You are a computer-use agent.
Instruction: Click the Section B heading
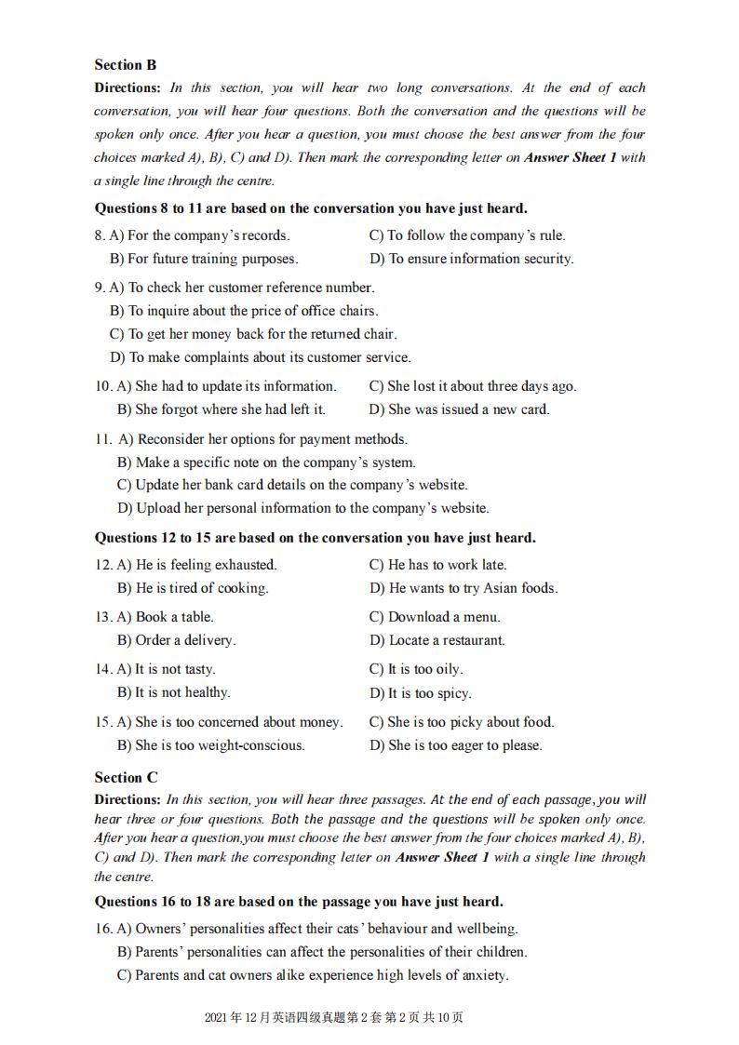click(x=126, y=65)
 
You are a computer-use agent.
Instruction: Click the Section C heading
click(x=126, y=777)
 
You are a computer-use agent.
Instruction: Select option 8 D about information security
click(x=471, y=259)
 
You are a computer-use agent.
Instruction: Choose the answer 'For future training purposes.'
click(x=204, y=259)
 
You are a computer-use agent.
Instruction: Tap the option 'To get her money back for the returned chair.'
click(x=253, y=334)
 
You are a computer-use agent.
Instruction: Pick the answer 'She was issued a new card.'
click(x=459, y=409)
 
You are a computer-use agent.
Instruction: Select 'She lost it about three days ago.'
click(x=472, y=386)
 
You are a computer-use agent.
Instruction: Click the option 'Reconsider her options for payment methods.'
click(x=262, y=439)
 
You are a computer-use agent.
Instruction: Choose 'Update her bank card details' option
click(x=292, y=485)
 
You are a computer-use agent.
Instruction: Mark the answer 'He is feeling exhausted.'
click(x=197, y=565)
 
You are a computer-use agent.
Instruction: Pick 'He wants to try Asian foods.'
click(x=464, y=588)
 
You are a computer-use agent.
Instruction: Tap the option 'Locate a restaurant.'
click(x=437, y=640)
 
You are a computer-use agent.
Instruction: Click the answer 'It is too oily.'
click(x=416, y=669)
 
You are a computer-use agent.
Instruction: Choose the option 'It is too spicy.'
click(x=420, y=693)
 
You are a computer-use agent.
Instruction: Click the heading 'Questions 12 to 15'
click(x=316, y=538)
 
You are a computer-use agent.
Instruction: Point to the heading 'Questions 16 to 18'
click(x=299, y=901)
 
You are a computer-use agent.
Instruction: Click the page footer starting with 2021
click(x=333, y=1017)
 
